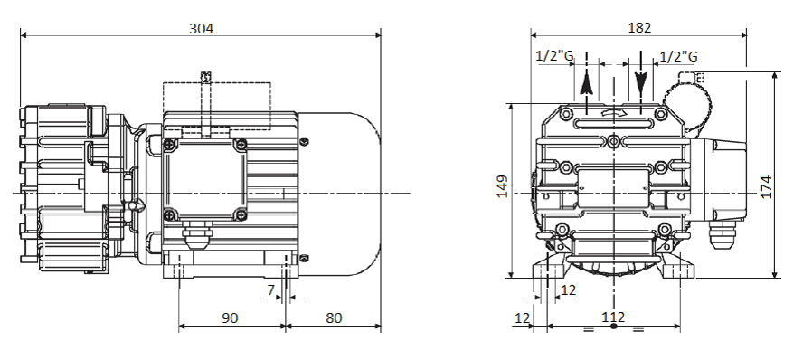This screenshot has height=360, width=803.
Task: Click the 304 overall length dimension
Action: pyautogui.click(x=201, y=28)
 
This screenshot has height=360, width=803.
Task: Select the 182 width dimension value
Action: pyautogui.click(x=639, y=28)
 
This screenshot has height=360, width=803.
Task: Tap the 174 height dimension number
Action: pyautogui.click(x=766, y=187)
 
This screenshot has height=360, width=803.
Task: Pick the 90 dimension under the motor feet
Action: pyautogui.click(x=230, y=318)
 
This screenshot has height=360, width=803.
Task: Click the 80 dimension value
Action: pyautogui.click(x=334, y=318)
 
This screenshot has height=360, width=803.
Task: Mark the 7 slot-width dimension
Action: pyautogui.click(x=271, y=290)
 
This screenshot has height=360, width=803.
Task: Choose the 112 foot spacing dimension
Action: pyautogui.click(x=613, y=317)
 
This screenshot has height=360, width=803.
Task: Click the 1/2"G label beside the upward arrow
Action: pyautogui.click(x=554, y=56)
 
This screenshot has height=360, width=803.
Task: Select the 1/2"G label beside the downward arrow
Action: pyautogui.click(x=678, y=56)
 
